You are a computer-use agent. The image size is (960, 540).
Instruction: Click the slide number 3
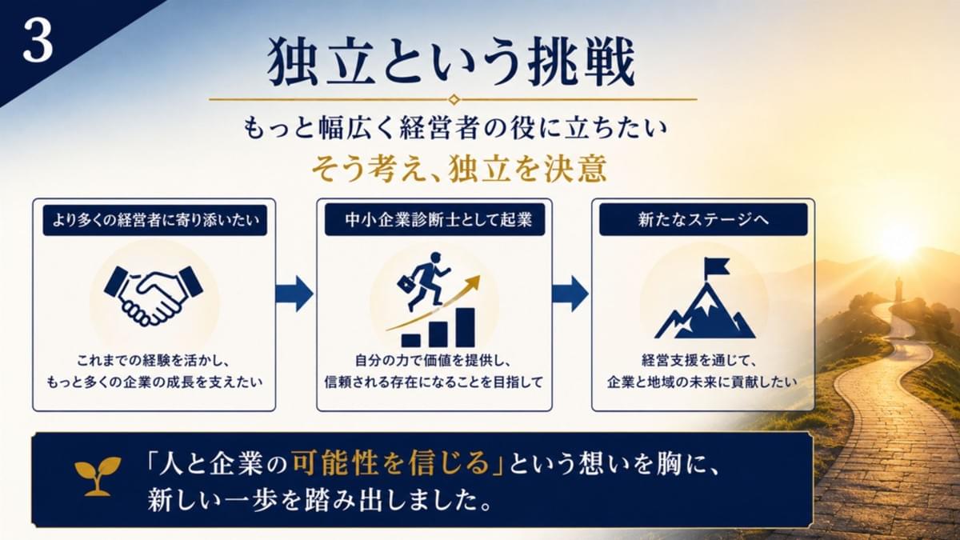(38, 42)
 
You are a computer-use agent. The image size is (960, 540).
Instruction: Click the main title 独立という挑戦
(451, 62)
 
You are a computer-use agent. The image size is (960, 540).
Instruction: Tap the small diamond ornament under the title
(454, 99)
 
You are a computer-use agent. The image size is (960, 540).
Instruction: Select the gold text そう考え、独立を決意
(459, 169)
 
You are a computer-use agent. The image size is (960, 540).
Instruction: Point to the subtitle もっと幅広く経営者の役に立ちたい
(455, 129)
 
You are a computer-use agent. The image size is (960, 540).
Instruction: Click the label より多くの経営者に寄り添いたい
(155, 220)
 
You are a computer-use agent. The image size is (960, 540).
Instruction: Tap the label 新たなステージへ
(703, 220)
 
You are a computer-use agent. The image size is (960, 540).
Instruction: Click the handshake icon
(154, 295)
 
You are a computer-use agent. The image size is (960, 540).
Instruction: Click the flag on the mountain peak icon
(718, 266)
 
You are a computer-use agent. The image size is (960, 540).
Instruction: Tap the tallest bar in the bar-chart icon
(466, 327)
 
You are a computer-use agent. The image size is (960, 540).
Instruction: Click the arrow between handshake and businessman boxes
(294, 294)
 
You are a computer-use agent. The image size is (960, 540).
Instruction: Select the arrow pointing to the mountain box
(570, 294)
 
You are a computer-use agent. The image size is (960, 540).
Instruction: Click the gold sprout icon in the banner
(98, 477)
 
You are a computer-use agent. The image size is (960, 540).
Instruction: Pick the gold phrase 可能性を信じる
(391, 464)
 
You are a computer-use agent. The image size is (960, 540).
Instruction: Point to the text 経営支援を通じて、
(699, 361)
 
